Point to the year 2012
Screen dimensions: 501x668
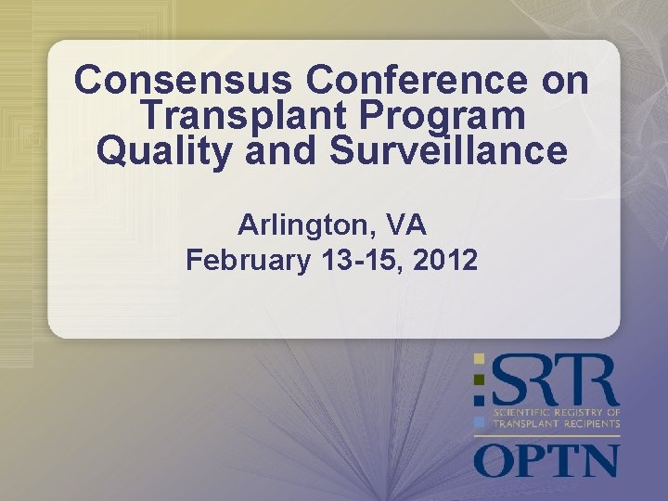tap(446, 261)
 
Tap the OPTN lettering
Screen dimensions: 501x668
tap(546, 460)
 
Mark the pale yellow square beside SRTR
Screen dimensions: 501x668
tap(479, 358)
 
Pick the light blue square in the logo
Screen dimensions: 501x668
tap(479, 421)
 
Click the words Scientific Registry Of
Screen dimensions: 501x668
tap(556, 411)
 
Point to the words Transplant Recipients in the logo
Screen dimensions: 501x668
tap(556, 423)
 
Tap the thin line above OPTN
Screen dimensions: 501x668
tap(546, 435)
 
